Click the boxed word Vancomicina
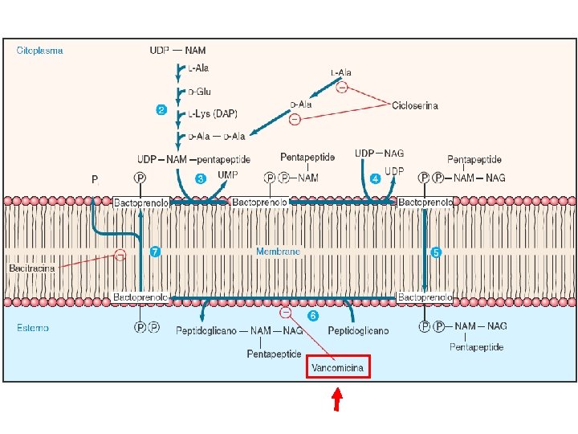click(x=338, y=368)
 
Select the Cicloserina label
click(x=415, y=105)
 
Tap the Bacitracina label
click(x=32, y=268)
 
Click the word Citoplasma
click(x=40, y=50)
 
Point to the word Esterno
click(x=33, y=327)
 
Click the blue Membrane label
click(x=278, y=252)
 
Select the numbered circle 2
click(x=161, y=110)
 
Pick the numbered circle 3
click(x=201, y=178)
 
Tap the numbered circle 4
click(x=375, y=178)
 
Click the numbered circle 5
click(x=437, y=252)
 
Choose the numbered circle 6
click(x=313, y=315)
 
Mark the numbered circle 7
click(x=155, y=252)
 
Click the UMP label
click(x=228, y=174)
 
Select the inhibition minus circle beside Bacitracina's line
click(x=120, y=255)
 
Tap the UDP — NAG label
click(x=380, y=154)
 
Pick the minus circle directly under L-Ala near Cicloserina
click(x=341, y=88)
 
